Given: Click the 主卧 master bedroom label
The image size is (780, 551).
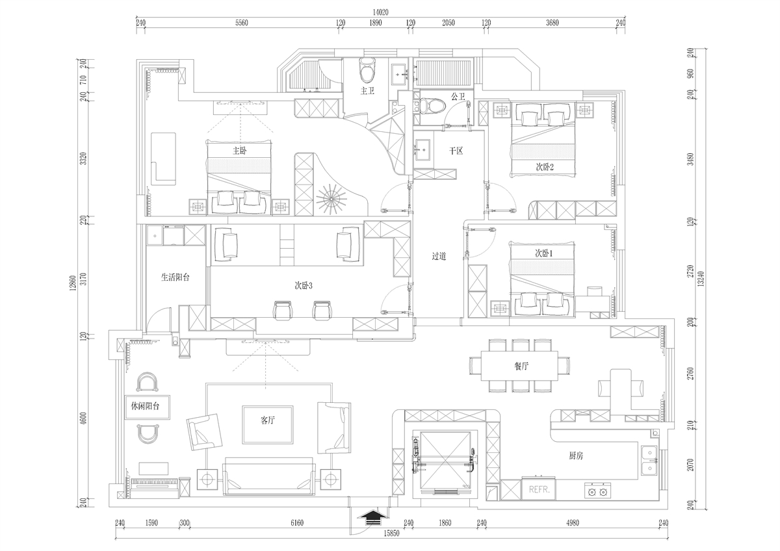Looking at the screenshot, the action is point(240,151).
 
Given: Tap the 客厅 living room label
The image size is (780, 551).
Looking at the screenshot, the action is point(268,420).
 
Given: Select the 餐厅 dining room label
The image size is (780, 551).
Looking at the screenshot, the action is point(521,366).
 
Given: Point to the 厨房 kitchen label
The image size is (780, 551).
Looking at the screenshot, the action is point(576,455).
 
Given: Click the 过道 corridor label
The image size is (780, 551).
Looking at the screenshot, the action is point(439,256).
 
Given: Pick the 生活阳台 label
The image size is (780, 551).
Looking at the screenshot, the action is point(175,277).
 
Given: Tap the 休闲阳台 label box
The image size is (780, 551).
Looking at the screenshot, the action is point(148,407).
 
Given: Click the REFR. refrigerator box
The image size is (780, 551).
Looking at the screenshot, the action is point(539,489).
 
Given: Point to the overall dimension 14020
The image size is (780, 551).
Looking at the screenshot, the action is point(380,12).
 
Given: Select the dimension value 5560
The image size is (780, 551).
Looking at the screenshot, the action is point(241,23).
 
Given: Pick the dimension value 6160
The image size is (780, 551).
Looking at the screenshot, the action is point(297,523).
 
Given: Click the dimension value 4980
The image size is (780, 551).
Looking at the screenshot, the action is point(573,523).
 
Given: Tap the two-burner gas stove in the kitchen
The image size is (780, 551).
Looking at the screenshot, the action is point(597,491).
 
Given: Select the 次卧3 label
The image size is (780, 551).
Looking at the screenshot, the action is point(304,286).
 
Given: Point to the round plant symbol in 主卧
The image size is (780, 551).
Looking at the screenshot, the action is point(331,199).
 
